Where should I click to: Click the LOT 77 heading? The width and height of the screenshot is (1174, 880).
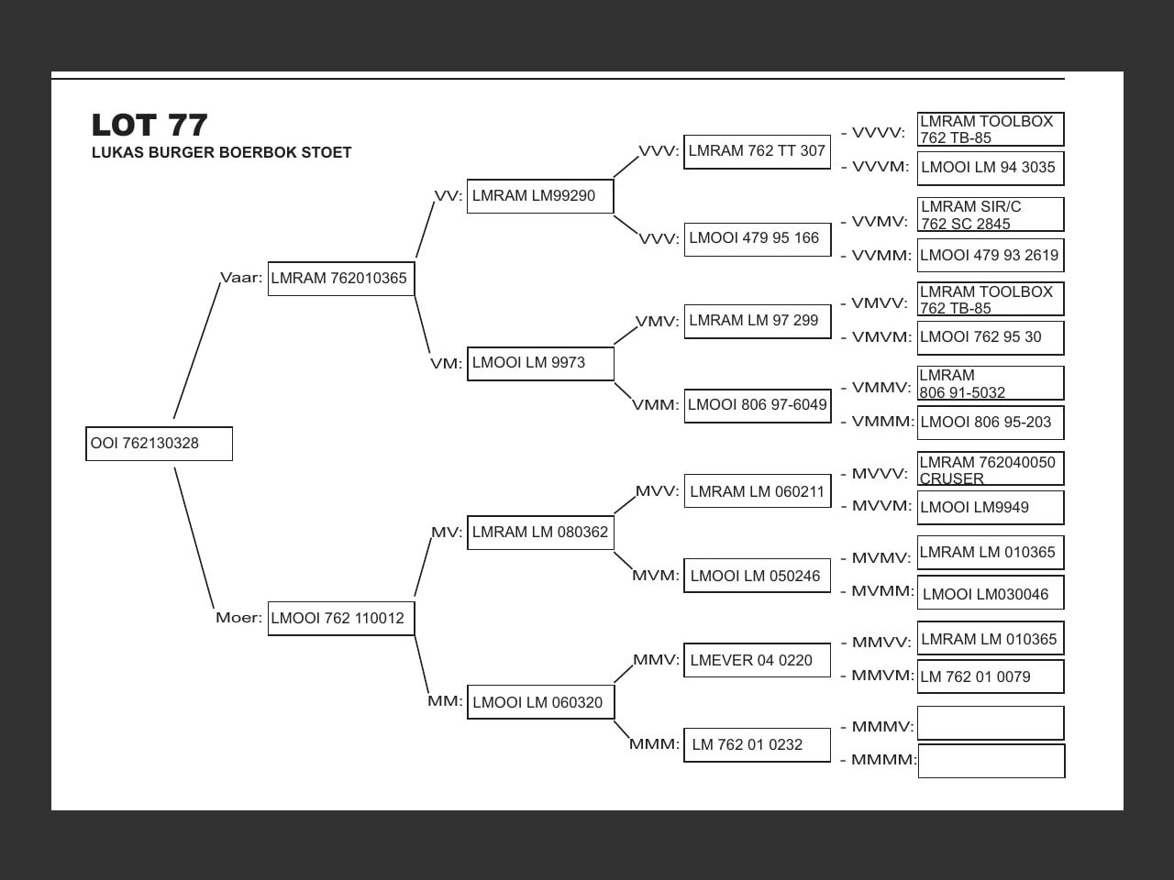click(150, 125)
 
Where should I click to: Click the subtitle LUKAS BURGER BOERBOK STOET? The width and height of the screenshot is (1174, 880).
click(221, 153)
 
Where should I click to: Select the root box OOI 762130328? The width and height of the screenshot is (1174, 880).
click(159, 444)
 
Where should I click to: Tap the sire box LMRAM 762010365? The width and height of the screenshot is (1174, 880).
click(340, 279)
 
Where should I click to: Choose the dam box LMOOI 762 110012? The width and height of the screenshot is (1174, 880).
click(340, 618)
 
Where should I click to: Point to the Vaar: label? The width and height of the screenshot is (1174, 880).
click(240, 278)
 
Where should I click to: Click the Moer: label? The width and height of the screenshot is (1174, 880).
click(238, 618)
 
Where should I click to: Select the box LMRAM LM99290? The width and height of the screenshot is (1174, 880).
click(539, 196)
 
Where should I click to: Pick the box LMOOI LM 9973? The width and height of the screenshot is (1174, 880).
click(540, 363)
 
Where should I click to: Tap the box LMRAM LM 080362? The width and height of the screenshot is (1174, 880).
click(540, 533)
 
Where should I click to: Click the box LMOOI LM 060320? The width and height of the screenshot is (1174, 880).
click(540, 702)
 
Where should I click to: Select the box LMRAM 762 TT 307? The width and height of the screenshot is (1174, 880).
click(757, 151)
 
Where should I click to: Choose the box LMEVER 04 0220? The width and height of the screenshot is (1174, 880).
click(757, 660)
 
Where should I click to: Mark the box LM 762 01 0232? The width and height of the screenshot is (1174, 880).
click(757, 744)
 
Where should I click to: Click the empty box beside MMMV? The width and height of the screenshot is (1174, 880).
click(991, 723)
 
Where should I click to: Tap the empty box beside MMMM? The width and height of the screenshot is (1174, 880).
click(991, 761)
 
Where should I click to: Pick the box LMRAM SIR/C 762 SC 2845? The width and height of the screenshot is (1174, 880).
click(991, 215)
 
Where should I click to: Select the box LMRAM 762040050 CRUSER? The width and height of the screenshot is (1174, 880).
click(991, 469)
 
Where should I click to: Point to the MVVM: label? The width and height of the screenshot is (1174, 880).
click(881, 506)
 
